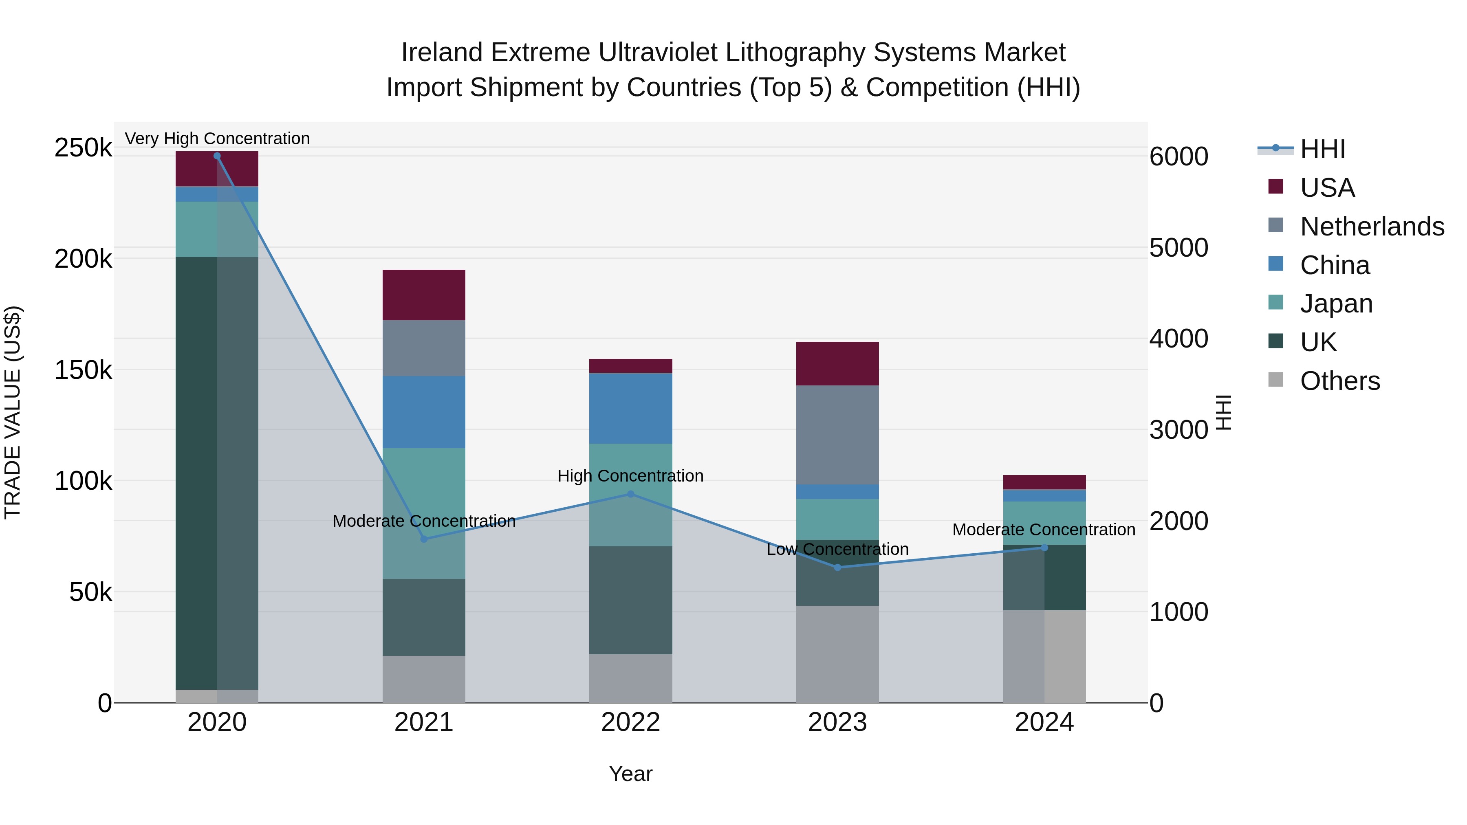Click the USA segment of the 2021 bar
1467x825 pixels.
click(x=424, y=295)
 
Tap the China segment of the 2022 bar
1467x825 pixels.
click(x=630, y=408)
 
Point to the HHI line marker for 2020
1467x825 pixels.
click(x=217, y=156)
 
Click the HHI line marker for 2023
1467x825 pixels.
click(x=837, y=567)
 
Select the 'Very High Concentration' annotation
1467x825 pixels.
click(x=217, y=139)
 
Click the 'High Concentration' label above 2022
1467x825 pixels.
click(x=630, y=475)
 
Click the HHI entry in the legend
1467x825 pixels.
click(x=1322, y=149)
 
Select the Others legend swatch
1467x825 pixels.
click(x=1275, y=380)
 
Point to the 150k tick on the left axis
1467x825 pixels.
click(x=83, y=370)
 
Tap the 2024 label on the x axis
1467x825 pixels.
click(x=1044, y=722)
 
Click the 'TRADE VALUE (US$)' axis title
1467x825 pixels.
click(x=13, y=412)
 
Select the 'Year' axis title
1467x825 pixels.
click(x=630, y=774)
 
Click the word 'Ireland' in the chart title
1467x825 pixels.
click(x=441, y=53)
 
